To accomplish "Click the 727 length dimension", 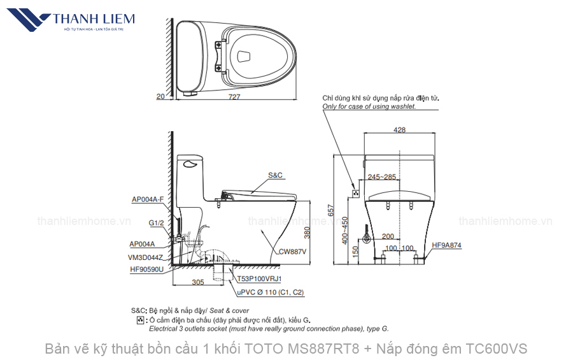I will [x=235, y=97].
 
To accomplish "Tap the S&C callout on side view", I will [x=275, y=174].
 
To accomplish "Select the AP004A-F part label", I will [x=148, y=199].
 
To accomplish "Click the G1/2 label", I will [x=156, y=224].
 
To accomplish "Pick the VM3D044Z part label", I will [x=146, y=257].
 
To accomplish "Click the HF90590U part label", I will [x=146, y=270].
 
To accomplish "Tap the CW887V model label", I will [x=292, y=252].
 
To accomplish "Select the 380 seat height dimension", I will [x=307, y=233].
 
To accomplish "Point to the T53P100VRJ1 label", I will [x=259, y=279].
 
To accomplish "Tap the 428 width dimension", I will [x=399, y=129].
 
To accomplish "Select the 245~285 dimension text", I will [x=381, y=176].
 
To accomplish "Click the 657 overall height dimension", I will [x=331, y=210].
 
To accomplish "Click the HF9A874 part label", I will [x=446, y=245].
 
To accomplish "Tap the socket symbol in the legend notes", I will [x=140, y=320].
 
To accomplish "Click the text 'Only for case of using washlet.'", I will [x=369, y=106].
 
